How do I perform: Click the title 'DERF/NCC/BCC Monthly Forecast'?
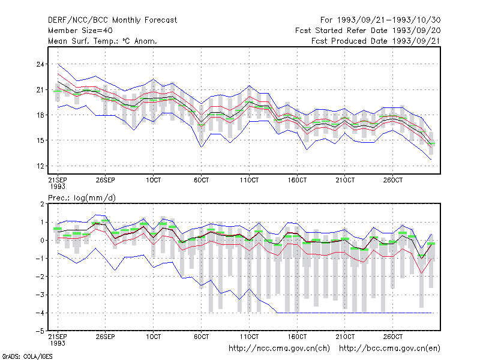[112, 20]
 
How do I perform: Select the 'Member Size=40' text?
[80, 31]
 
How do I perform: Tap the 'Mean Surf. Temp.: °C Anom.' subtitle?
[103, 41]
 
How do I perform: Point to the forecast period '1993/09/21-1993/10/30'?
[389, 20]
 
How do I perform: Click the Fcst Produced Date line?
[376, 41]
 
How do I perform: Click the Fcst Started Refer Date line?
[368, 31]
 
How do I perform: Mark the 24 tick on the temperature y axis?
[40, 64]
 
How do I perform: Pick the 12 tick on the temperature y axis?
[40, 166]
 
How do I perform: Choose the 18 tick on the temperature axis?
[40, 115]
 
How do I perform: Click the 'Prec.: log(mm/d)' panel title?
[82, 198]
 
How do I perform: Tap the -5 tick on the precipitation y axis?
[40, 331]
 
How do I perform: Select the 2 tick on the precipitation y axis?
[42, 204]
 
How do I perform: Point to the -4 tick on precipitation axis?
[40, 313]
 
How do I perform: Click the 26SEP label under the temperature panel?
[106, 180]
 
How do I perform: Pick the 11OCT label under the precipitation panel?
[249, 337]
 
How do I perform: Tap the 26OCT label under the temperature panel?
[393, 180]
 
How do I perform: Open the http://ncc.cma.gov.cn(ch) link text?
[279, 349]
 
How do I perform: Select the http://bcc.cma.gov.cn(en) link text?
[389, 349]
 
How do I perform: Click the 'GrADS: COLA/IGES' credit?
[27, 356]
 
